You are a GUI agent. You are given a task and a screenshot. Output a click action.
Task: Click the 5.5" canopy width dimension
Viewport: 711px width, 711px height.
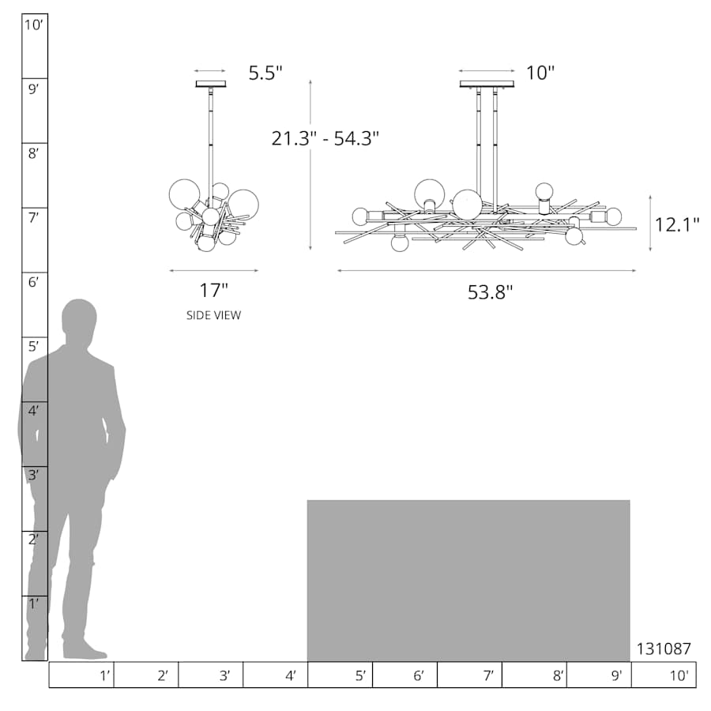click(265, 73)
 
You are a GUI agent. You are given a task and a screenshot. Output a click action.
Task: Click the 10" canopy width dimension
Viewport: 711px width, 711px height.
click(540, 73)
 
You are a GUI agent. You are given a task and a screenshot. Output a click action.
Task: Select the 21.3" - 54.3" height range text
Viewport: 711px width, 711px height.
click(325, 138)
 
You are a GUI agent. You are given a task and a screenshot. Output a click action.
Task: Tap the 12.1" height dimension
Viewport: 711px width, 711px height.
click(677, 224)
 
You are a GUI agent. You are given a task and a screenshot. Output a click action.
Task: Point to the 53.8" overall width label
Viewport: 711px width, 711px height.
click(490, 292)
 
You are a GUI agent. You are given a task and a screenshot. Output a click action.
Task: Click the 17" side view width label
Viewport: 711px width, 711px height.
click(213, 290)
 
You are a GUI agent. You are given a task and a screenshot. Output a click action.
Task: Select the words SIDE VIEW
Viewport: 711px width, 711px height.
click(213, 315)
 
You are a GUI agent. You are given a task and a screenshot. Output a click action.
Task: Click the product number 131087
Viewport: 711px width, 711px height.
click(664, 649)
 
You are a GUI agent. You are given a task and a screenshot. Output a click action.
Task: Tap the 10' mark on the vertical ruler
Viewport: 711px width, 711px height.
click(33, 25)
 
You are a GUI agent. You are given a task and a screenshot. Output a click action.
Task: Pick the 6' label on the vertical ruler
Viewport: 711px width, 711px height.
click(33, 282)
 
